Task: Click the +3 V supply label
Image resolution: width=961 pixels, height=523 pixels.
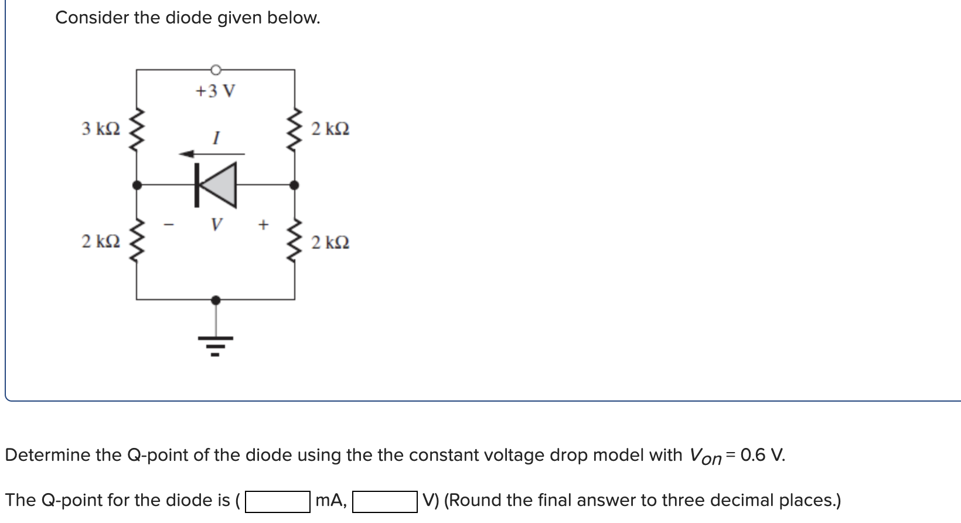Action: (x=215, y=91)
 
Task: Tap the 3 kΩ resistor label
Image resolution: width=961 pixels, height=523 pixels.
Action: (x=101, y=128)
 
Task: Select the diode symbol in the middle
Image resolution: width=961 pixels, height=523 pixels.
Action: (x=216, y=185)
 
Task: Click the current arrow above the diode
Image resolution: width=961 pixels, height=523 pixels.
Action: (x=212, y=154)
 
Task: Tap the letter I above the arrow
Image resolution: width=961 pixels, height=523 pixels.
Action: (x=216, y=139)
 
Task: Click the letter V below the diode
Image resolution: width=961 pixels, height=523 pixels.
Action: (x=217, y=224)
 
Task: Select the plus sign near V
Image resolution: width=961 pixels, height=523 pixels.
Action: (x=263, y=224)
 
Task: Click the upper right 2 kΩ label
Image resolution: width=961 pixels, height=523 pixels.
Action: (x=330, y=128)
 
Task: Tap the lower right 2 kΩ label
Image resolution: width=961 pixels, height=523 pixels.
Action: (x=330, y=242)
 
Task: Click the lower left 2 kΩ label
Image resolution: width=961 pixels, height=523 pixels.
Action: (x=101, y=242)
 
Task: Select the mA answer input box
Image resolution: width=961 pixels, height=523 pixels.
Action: (x=278, y=501)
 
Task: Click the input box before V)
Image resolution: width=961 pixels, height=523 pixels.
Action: (x=384, y=501)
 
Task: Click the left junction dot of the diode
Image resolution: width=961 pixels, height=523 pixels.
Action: (x=137, y=185)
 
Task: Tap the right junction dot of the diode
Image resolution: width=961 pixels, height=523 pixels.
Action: (x=295, y=185)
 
